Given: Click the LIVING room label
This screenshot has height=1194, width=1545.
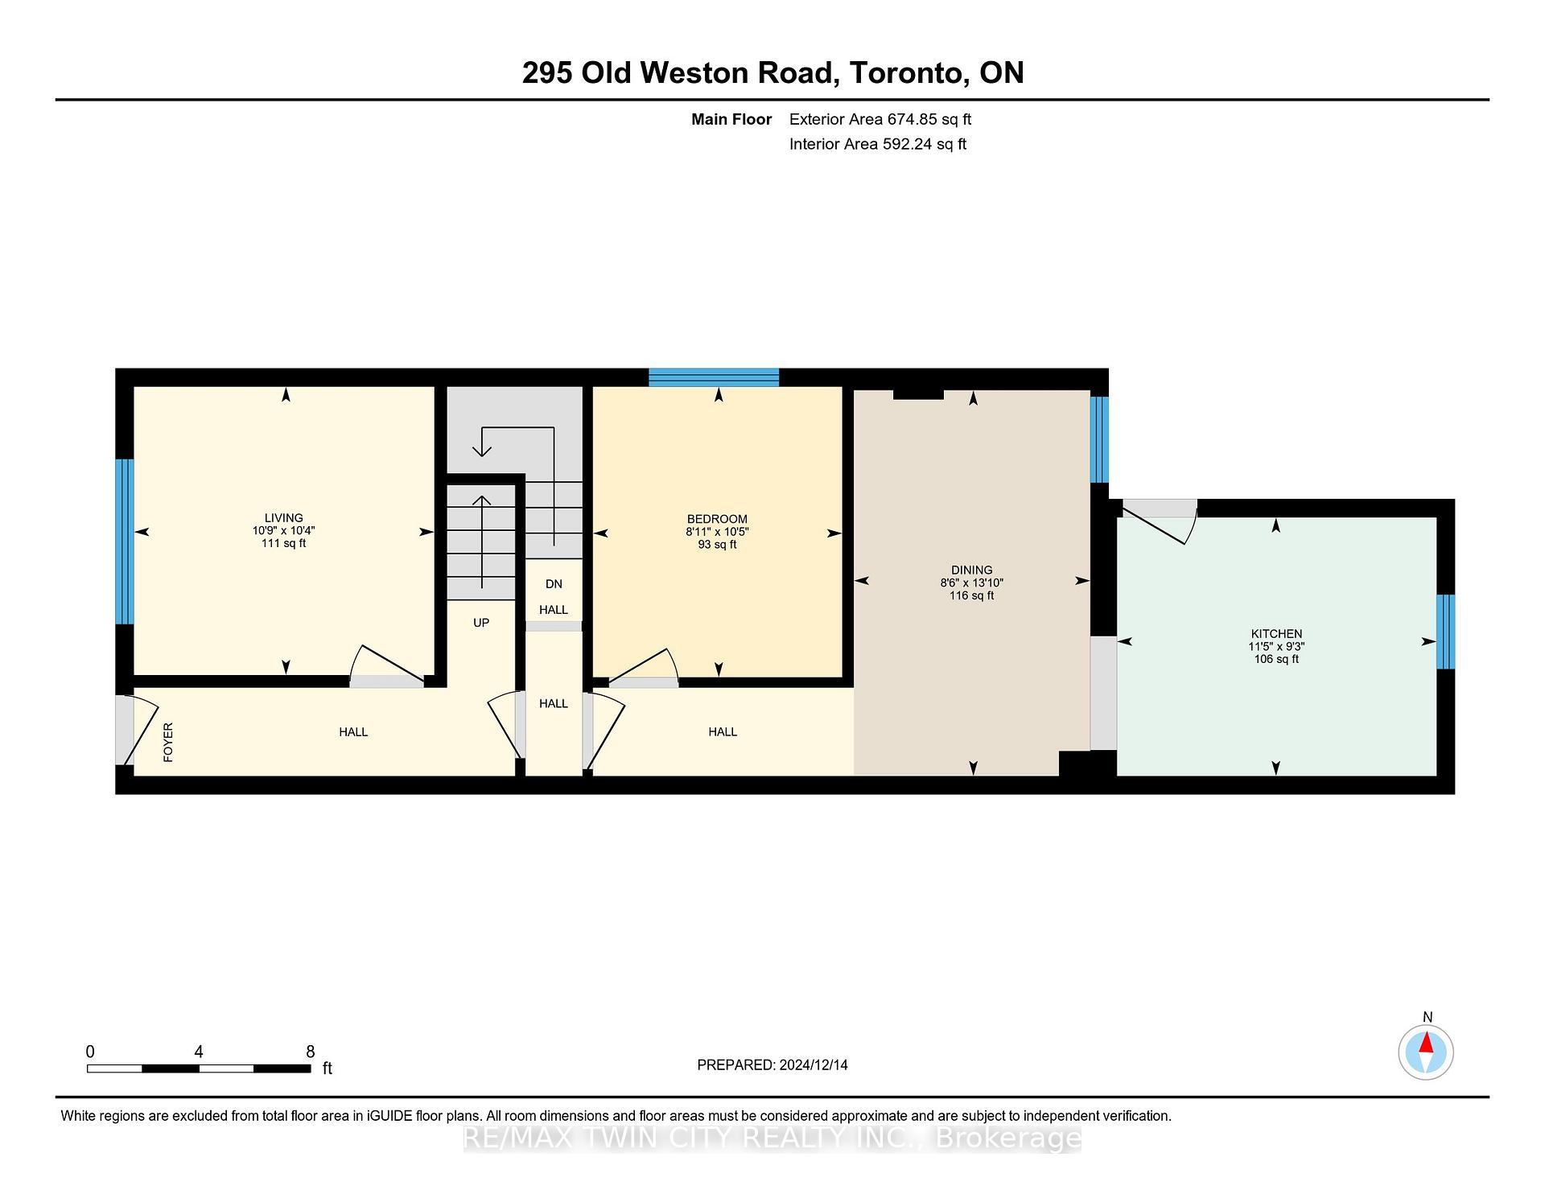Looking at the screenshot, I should [283, 518].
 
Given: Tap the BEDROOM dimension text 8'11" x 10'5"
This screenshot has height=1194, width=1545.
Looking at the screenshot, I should [717, 532].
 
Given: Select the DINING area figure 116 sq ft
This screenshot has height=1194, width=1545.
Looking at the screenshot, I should [971, 596].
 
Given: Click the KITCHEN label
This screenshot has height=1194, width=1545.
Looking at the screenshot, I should [1276, 634].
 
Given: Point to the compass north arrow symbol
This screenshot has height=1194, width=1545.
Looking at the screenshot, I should [1426, 1045].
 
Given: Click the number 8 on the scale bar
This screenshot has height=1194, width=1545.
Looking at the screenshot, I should [311, 1052].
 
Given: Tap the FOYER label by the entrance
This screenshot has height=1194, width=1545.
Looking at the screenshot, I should [168, 742].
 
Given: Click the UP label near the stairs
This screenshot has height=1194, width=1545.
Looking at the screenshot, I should [481, 623].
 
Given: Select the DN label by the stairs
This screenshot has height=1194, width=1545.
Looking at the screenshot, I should [554, 584].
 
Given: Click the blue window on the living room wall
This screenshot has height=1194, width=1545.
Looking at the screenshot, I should [124, 541].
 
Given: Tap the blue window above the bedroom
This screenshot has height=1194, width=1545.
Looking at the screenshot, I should [714, 377].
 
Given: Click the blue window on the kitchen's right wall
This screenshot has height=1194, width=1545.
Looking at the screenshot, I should [1445, 632].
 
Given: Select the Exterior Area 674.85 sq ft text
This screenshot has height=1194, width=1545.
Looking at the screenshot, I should [880, 119].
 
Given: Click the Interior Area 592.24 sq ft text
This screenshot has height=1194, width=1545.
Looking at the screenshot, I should [877, 144].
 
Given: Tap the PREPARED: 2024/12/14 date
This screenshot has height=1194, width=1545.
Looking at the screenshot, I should [772, 1065].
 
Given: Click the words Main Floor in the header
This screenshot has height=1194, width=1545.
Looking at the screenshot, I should [731, 119].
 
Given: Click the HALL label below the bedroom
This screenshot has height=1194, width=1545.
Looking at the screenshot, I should [723, 732].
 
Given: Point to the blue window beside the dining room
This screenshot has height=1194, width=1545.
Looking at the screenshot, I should [1099, 439].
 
